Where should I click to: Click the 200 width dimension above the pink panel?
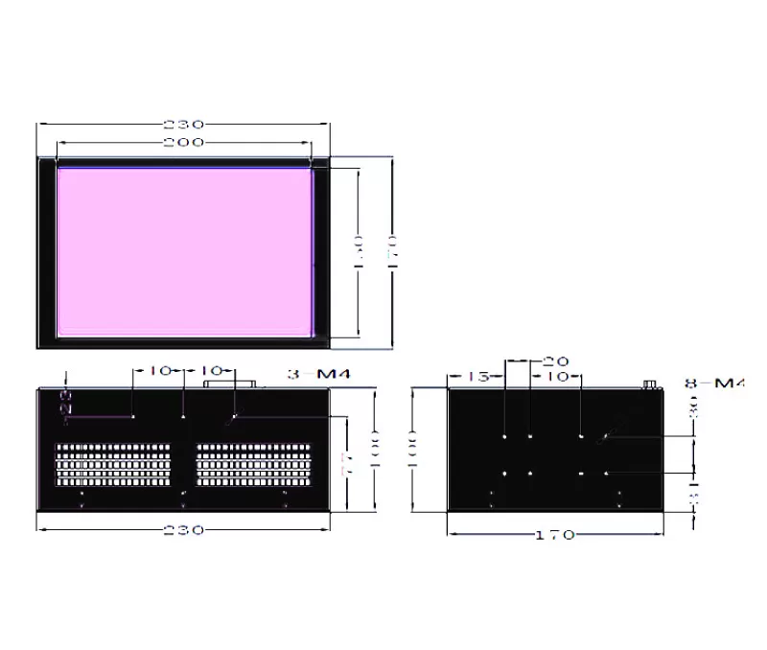pos(183,142)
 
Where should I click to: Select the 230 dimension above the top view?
pos(183,125)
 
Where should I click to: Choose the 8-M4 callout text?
pos(714,383)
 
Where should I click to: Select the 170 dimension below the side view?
pos(556,534)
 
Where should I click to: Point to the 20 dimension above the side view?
pos(555,361)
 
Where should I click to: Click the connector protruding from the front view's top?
pos(230,383)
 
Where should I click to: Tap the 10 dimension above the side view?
pos(556,377)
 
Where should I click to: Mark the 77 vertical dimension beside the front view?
pos(350,465)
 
